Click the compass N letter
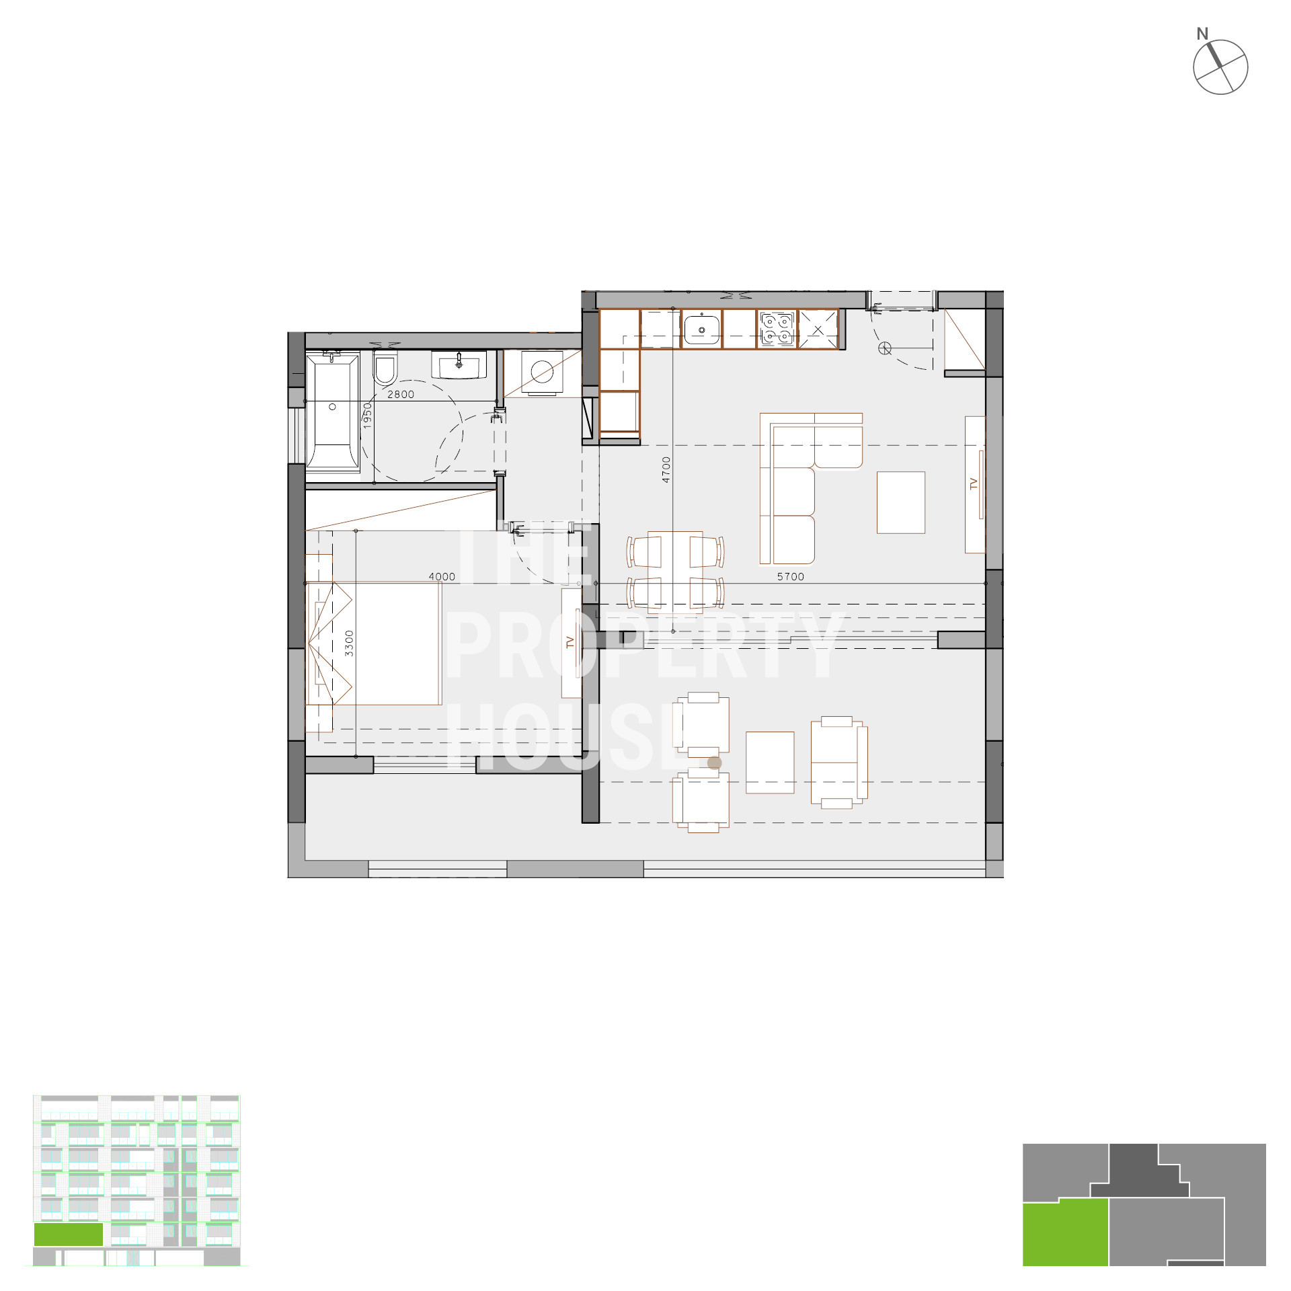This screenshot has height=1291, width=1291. (1202, 34)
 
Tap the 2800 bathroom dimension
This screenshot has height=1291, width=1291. (401, 395)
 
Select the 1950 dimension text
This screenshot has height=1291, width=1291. (367, 416)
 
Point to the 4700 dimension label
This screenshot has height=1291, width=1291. (666, 469)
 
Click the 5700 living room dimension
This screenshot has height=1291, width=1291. (790, 576)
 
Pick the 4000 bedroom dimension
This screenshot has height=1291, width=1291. (442, 576)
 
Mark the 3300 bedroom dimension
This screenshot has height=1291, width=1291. (348, 643)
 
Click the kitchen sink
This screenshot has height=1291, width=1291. (701, 329)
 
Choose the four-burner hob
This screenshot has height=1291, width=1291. (777, 329)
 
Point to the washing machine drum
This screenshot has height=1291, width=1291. (542, 372)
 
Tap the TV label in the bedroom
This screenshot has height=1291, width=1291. (570, 642)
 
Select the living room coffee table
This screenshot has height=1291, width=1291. (900, 502)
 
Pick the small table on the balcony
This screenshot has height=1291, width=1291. (770, 762)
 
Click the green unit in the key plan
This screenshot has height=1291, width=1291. (1065, 1234)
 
